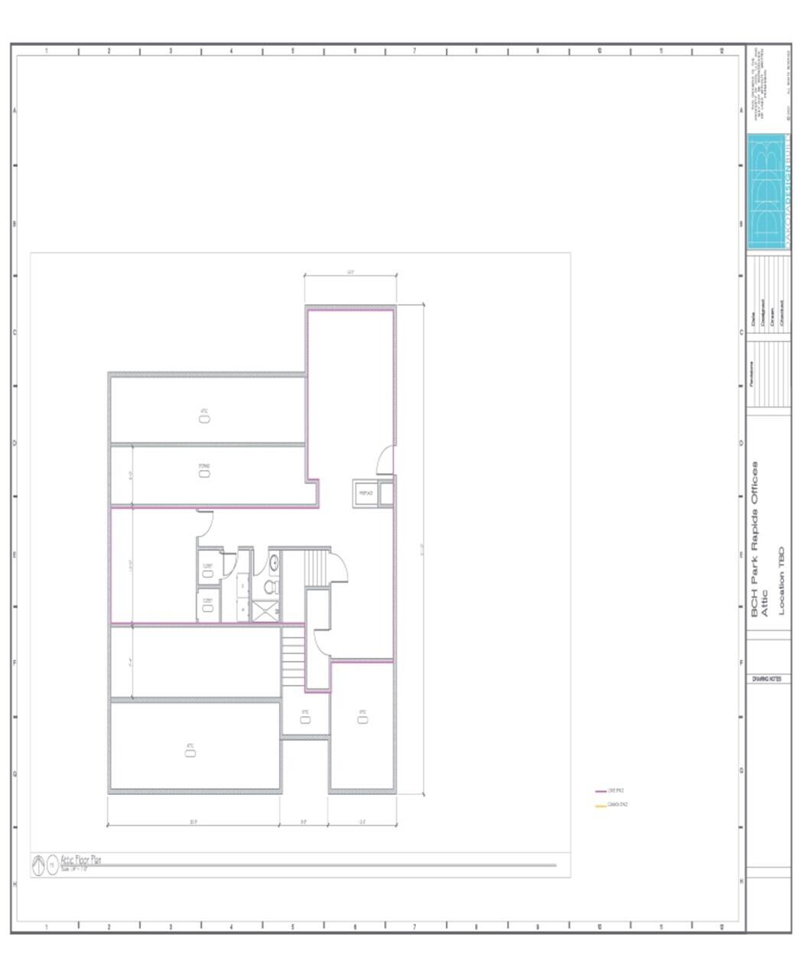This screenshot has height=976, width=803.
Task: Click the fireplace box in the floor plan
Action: tap(366, 494)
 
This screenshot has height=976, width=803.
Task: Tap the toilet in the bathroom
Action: tap(270, 587)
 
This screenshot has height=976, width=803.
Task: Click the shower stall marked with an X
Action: tap(265, 611)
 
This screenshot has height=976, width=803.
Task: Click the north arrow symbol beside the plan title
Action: tap(38, 865)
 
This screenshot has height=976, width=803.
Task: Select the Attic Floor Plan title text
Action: tap(80, 860)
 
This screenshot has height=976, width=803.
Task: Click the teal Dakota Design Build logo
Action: tap(769, 191)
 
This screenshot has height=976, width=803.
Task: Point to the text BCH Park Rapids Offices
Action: tap(755, 538)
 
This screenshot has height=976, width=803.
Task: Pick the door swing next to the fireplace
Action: tap(385, 460)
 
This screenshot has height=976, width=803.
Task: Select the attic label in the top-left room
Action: tap(204, 416)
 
